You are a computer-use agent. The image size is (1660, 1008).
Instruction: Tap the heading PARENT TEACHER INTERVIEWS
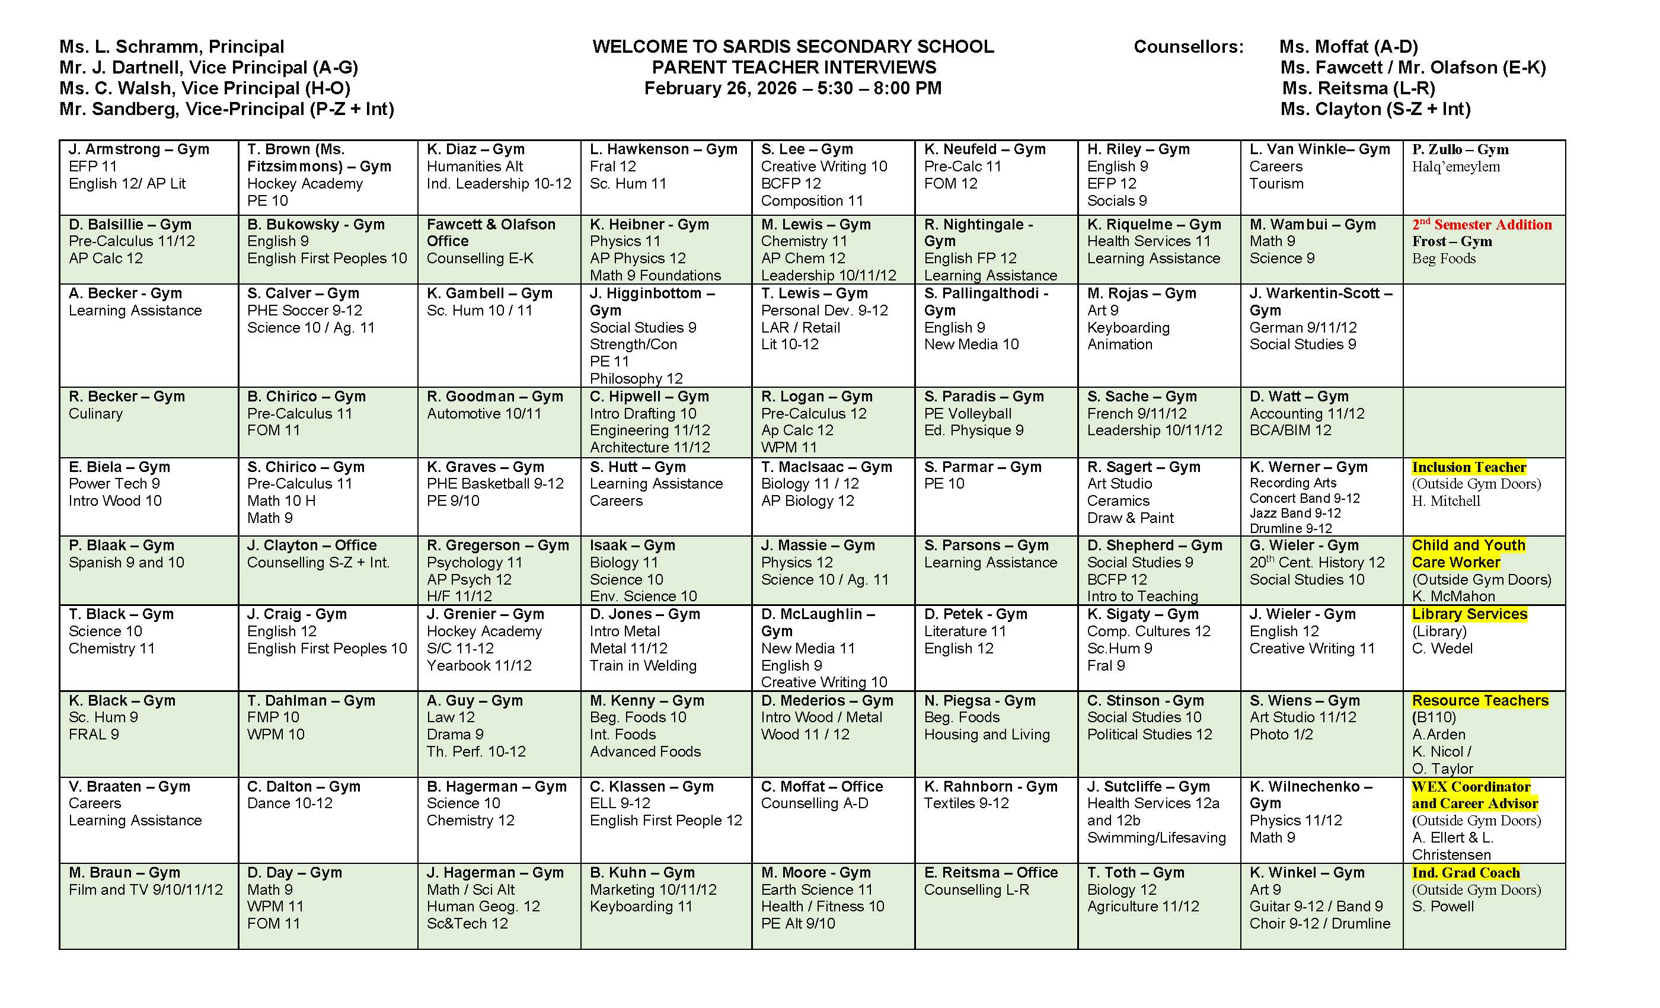coord(793,68)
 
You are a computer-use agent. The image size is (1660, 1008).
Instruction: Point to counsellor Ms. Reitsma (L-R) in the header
coord(1358,88)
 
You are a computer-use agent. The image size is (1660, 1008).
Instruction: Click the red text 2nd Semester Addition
coord(1482,224)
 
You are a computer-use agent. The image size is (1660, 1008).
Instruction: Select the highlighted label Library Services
coord(1469,614)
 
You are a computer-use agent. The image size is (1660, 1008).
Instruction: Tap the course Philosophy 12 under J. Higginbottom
coord(636,378)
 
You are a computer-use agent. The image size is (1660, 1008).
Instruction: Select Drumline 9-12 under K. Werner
coord(1290,528)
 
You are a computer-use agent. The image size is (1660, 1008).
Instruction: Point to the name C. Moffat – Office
coord(821,786)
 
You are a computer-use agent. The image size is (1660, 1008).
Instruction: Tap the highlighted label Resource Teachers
coord(1480,700)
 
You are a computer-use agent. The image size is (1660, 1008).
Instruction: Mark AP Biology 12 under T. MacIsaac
coord(807,500)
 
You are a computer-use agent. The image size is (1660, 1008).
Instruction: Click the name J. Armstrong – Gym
coord(139,149)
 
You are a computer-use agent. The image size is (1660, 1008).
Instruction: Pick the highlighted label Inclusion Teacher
coord(1469,467)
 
